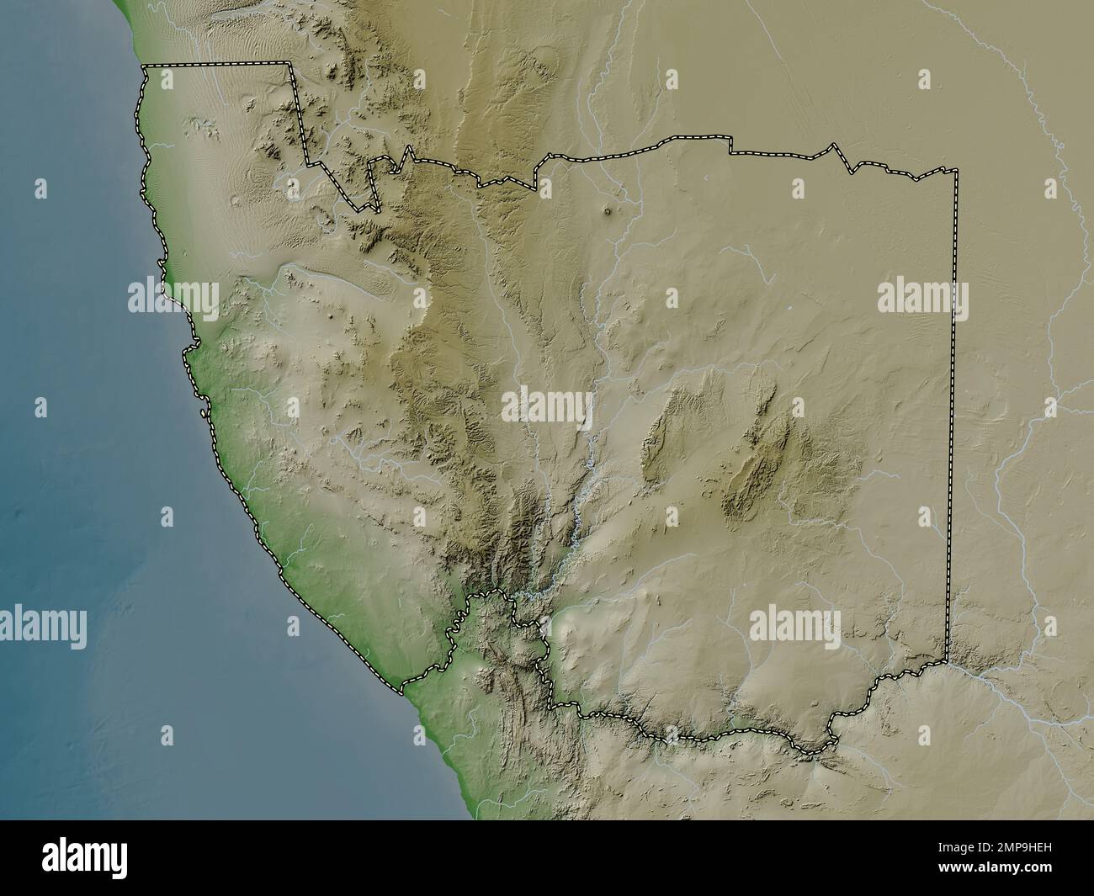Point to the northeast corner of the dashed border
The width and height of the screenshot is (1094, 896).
pyautogui.click(x=957, y=171)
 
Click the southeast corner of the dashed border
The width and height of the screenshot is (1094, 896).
pyautogui.click(x=947, y=661)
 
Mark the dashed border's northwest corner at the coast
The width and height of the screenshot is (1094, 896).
pyautogui.click(x=144, y=66)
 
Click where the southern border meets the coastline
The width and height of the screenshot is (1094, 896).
pyautogui.click(x=402, y=686)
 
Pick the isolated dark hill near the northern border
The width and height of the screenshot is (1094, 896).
pyautogui.click(x=608, y=214)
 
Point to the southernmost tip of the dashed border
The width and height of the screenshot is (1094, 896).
pyautogui.click(x=813, y=751)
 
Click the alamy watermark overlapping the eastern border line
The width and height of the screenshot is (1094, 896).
pyautogui.click(x=922, y=299)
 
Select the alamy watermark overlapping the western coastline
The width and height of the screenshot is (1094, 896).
pyautogui.click(x=173, y=295)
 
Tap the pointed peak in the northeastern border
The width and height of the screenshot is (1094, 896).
pyautogui.click(x=834, y=145)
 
